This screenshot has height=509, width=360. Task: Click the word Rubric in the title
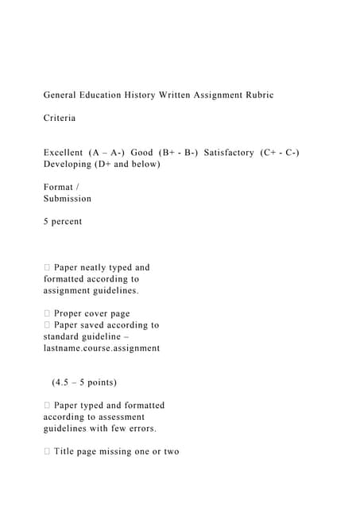point(257,95)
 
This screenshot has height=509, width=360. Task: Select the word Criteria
point(60,118)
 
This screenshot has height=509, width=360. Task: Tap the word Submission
point(68,199)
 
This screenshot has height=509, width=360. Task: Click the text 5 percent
point(63,222)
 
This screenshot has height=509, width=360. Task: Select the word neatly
point(99,267)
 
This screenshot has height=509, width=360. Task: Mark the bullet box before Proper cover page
point(47,313)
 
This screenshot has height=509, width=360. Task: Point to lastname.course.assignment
point(102,348)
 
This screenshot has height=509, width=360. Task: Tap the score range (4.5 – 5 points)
point(84,383)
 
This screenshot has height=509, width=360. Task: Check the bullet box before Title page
point(47,452)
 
